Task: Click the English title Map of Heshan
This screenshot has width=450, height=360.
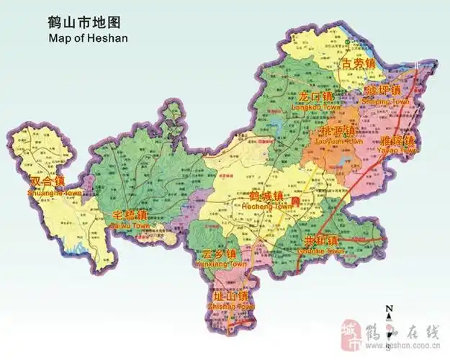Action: tap(88, 37)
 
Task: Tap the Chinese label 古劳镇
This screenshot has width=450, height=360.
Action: tap(359, 64)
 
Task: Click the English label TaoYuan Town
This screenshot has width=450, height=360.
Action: tap(336, 142)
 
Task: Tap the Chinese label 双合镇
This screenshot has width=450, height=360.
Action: tap(48, 182)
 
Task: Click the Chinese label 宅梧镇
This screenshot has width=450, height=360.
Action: tap(130, 215)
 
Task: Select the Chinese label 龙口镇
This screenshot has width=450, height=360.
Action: tap(315, 96)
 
